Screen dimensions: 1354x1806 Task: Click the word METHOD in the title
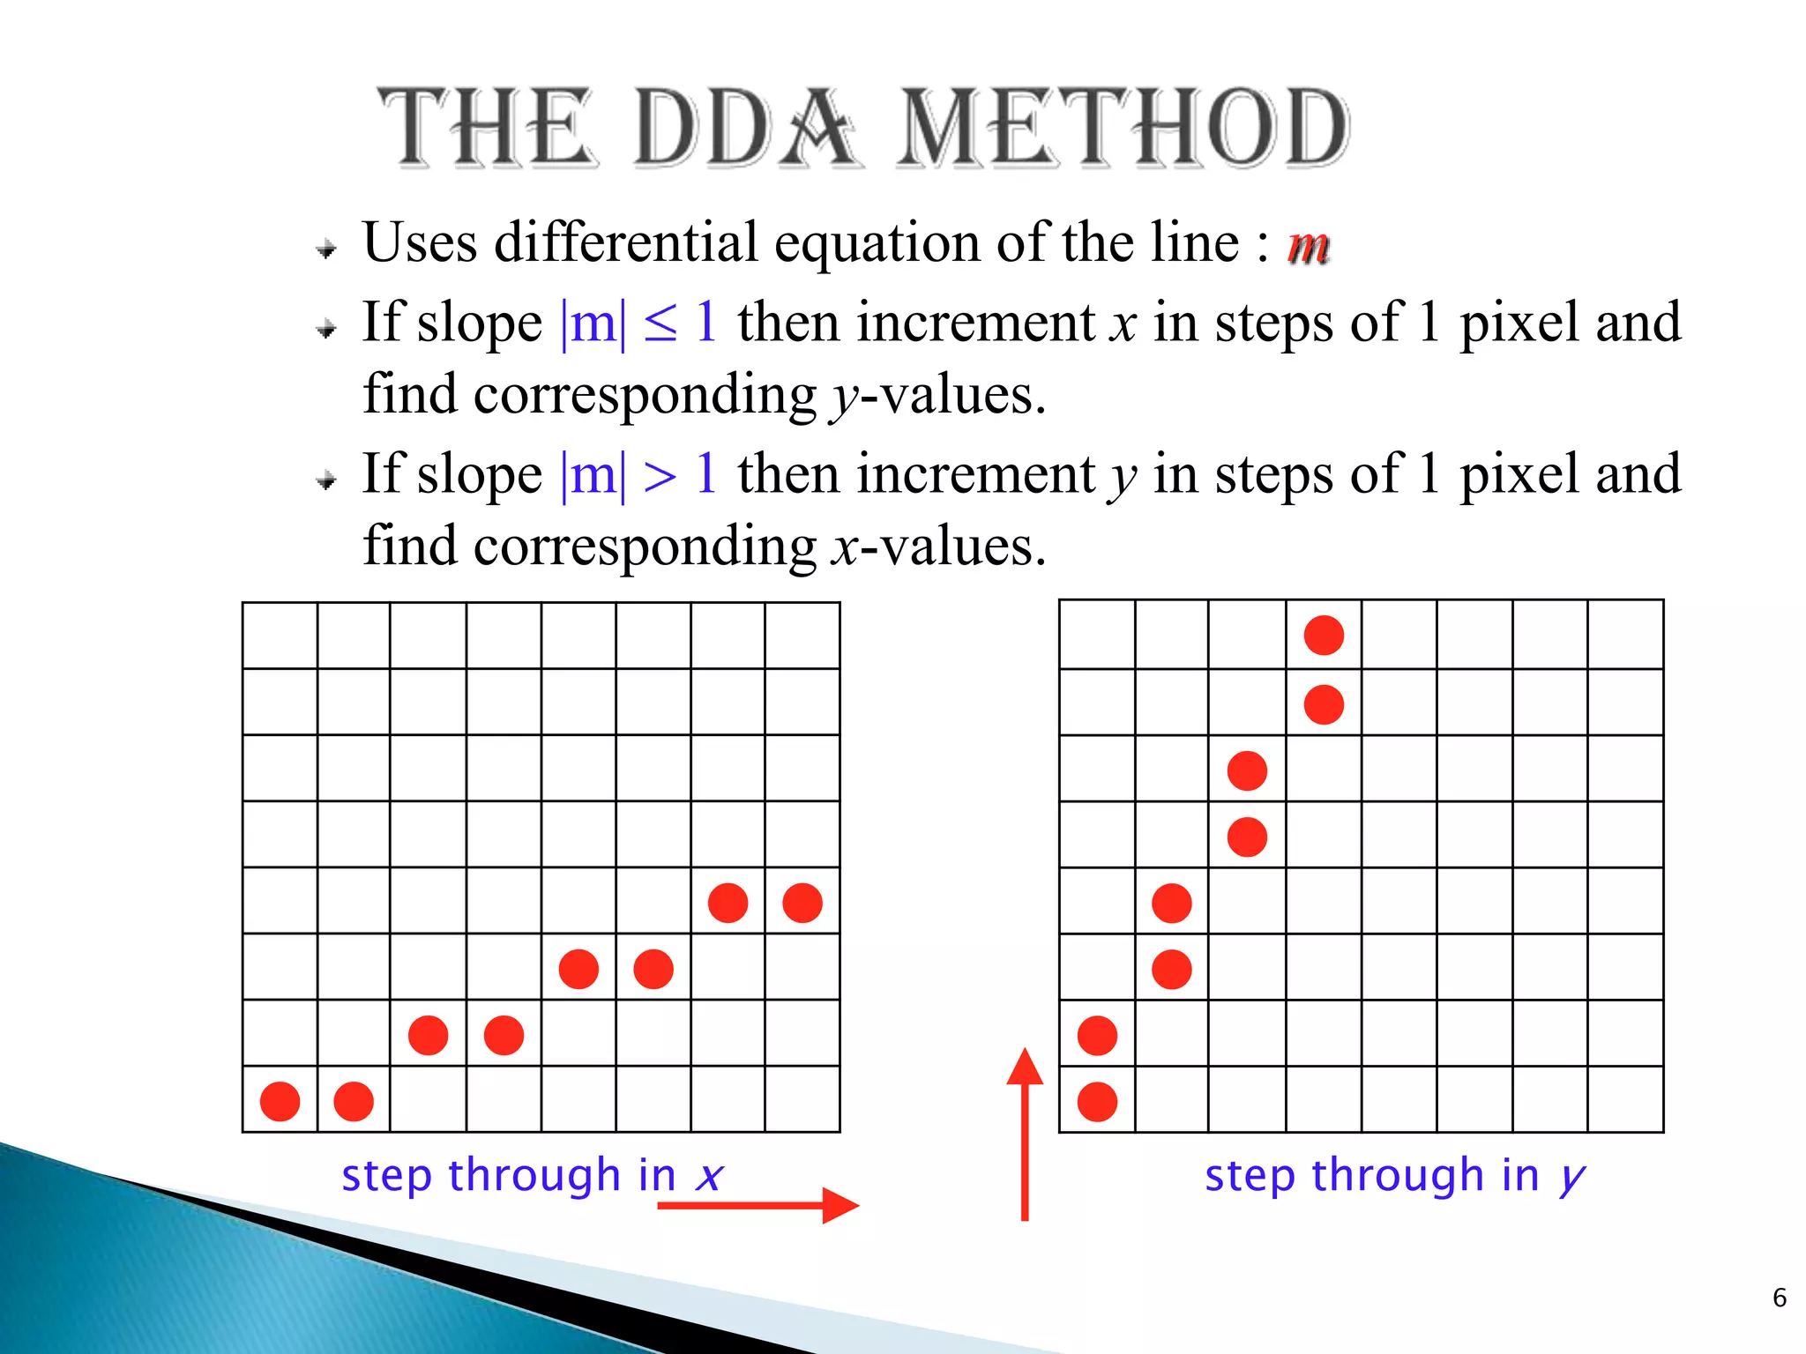1122,129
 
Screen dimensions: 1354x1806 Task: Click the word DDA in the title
743,129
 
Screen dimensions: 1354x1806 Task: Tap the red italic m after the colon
1308,245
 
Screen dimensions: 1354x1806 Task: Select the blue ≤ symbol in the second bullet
660,323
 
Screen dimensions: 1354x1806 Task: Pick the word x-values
938,547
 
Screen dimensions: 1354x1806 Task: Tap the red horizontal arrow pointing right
757,1205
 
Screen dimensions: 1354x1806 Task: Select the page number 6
1780,1298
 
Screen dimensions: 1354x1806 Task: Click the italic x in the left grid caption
709,1176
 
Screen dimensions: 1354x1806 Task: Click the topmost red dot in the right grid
1324,636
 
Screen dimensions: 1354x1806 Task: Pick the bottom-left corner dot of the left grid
280,1102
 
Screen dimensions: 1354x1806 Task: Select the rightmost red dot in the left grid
802,904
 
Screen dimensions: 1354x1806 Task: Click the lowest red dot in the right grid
1097,1102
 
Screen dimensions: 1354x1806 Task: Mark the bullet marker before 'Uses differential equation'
327,249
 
